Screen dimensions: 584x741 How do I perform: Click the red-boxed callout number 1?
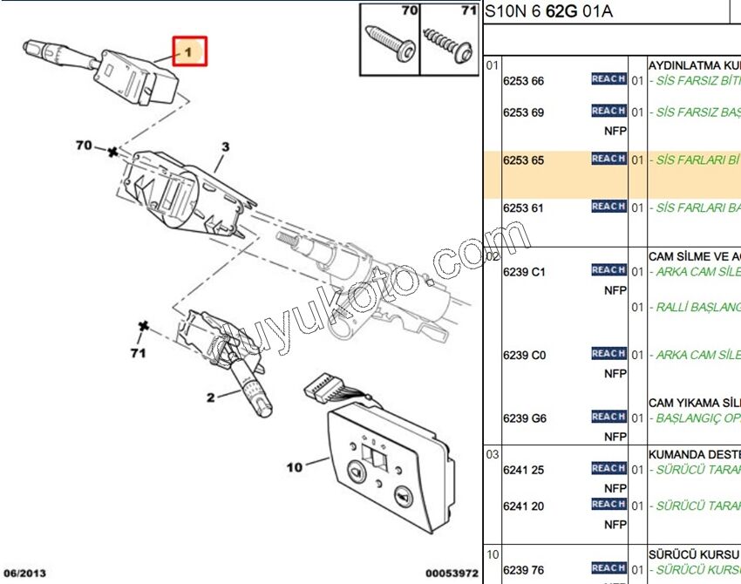tap(188, 52)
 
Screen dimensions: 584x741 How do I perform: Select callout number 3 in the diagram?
tap(224, 147)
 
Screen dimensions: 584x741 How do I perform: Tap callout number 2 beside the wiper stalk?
tap(210, 398)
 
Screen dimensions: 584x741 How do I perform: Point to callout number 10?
tap(294, 467)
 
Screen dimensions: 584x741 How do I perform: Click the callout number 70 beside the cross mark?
tap(84, 146)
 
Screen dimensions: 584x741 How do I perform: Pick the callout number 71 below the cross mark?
tap(137, 353)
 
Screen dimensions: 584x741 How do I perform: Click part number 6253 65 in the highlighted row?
tap(523, 160)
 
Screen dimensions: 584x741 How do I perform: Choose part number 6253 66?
tap(523, 81)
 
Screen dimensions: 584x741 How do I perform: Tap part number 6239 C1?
tap(524, 271)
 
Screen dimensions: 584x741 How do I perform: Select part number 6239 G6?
tap(524, 418)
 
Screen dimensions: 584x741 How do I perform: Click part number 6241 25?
tap(523, 470)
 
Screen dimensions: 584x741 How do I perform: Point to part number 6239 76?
tap(523, 570)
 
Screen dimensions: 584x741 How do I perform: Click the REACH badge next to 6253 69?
tap(608, 111)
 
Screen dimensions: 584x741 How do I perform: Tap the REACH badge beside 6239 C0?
tap(608, 353)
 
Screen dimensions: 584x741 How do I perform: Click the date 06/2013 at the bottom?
tap(24, 573)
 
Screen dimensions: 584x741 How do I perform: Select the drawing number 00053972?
tap(452, 573)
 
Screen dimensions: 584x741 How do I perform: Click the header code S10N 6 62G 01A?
tap(548, 11)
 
